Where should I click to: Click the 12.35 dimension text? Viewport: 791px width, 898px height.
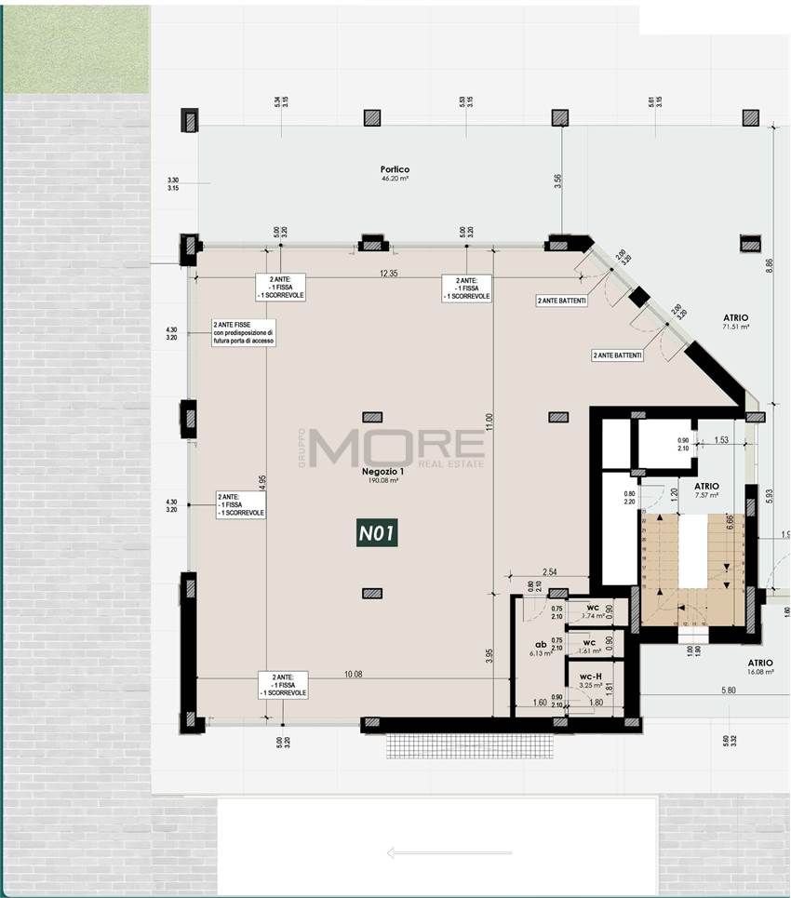coord(388,273)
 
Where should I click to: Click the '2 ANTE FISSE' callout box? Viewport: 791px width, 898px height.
coord(243,332)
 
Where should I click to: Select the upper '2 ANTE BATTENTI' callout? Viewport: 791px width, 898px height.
coord(561,301)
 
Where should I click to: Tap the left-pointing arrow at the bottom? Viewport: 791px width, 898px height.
coord(449,851)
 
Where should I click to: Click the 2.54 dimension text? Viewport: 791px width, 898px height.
coord(548,571)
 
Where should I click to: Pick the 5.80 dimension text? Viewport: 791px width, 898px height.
coord(727,690)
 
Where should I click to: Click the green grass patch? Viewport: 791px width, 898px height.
coord(74,48)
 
